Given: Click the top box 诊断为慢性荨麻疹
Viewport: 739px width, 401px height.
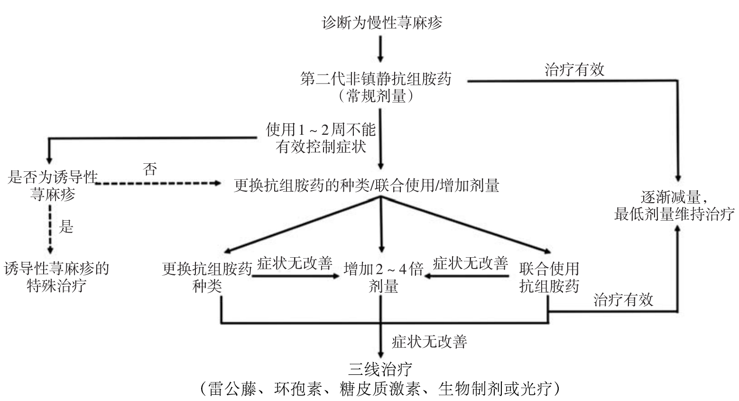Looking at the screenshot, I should click(x=382, y=23).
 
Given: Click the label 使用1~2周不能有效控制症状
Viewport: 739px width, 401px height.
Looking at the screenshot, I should click(x=321, y=138).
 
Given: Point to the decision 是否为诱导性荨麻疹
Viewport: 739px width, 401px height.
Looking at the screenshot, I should click(x=53, y=186).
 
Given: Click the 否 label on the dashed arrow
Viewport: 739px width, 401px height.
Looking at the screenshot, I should click(x=150, y=169).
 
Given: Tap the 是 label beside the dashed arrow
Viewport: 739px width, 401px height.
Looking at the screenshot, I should click(x=66, y=227).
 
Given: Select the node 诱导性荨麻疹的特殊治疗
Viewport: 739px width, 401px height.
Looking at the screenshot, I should click(x=56, y=278).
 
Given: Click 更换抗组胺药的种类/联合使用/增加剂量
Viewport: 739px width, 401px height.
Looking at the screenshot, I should click(x=366, y=186).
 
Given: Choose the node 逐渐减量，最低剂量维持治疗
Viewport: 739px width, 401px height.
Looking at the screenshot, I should click(x=674, y=205).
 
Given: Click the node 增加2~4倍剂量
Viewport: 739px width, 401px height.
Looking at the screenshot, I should click(x=383, y=278).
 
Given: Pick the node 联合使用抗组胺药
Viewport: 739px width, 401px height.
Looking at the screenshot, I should click(x=549, y=278).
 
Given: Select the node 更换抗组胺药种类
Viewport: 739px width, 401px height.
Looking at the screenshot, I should click(x=207, y=278).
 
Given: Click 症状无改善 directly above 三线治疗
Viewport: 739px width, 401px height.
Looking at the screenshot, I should click(x=429, y=342).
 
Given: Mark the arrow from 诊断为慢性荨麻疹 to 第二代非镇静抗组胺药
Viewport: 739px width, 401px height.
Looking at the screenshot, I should click(x=380, y=48).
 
